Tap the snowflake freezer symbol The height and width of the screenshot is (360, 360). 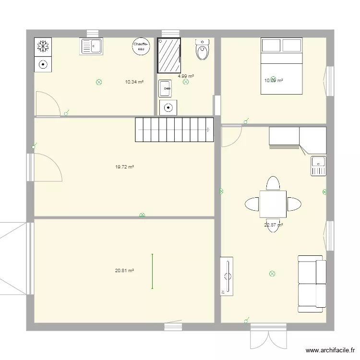pos(43,46)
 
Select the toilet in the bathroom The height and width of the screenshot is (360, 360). pos(203,50)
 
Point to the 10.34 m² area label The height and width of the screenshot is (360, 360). pos(134,82)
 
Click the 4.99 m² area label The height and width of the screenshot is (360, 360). pos(185,76)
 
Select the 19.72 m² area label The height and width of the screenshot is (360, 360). pos(124,167)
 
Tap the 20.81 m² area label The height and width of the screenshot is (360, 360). pos(124,271)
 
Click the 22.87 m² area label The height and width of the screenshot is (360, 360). pos(273,225)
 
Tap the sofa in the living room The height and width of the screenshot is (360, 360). pos(312,283)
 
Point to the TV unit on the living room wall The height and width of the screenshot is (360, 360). pos(226,276)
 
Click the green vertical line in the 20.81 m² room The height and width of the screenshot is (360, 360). pos(153,271)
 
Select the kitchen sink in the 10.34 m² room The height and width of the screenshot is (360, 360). pos(91,47)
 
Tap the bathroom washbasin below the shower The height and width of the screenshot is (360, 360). pos(165,88)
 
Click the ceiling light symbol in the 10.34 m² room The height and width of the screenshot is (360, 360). pos(99,82)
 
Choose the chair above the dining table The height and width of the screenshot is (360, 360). pos(273,184)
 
